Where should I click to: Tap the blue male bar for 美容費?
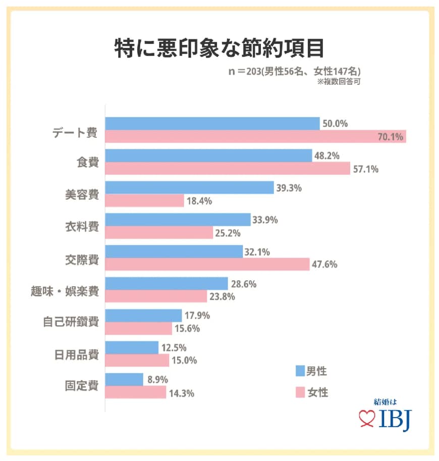189,188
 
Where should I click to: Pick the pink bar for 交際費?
207,264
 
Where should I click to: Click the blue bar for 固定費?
124,379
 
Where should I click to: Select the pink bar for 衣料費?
159,232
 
